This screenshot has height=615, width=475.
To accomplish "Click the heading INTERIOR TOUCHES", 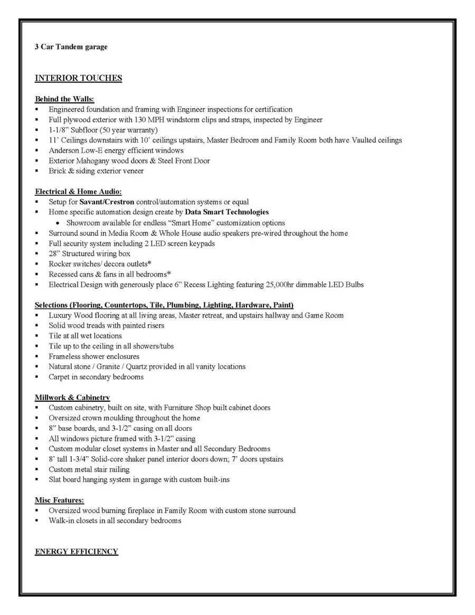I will coord(78,78).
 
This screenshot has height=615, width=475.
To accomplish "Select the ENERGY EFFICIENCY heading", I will coord(76,552).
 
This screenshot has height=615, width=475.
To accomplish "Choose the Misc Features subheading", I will coord(59,500).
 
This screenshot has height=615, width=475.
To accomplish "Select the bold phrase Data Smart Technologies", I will coord(227,212).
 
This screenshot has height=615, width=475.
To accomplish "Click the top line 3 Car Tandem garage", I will coord(71,47).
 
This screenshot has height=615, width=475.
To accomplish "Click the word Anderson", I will coord(65,150).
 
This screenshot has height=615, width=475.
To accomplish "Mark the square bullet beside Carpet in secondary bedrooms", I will coord(37,377).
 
